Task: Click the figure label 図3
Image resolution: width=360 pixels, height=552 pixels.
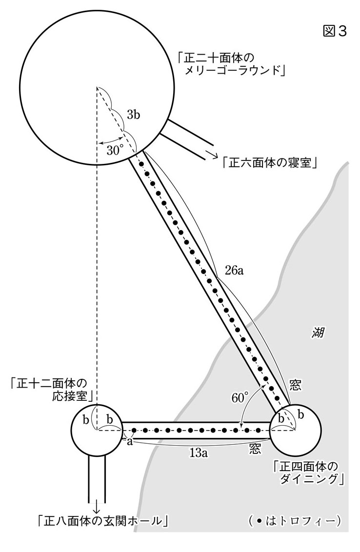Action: click(x=334, y=31)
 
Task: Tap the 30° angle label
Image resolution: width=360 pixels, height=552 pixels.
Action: click(x=115, y=151)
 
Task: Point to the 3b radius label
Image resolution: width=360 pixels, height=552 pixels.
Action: click(x=133, y=115)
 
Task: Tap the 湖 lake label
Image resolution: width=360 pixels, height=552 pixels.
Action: click(x=318, y=333)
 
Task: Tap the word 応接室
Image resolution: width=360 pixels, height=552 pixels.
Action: click(x=70, y=397)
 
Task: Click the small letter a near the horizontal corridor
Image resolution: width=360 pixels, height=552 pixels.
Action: click(x=130, y=441)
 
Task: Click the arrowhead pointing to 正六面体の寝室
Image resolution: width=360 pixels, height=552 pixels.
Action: click(x=214, y=155)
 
